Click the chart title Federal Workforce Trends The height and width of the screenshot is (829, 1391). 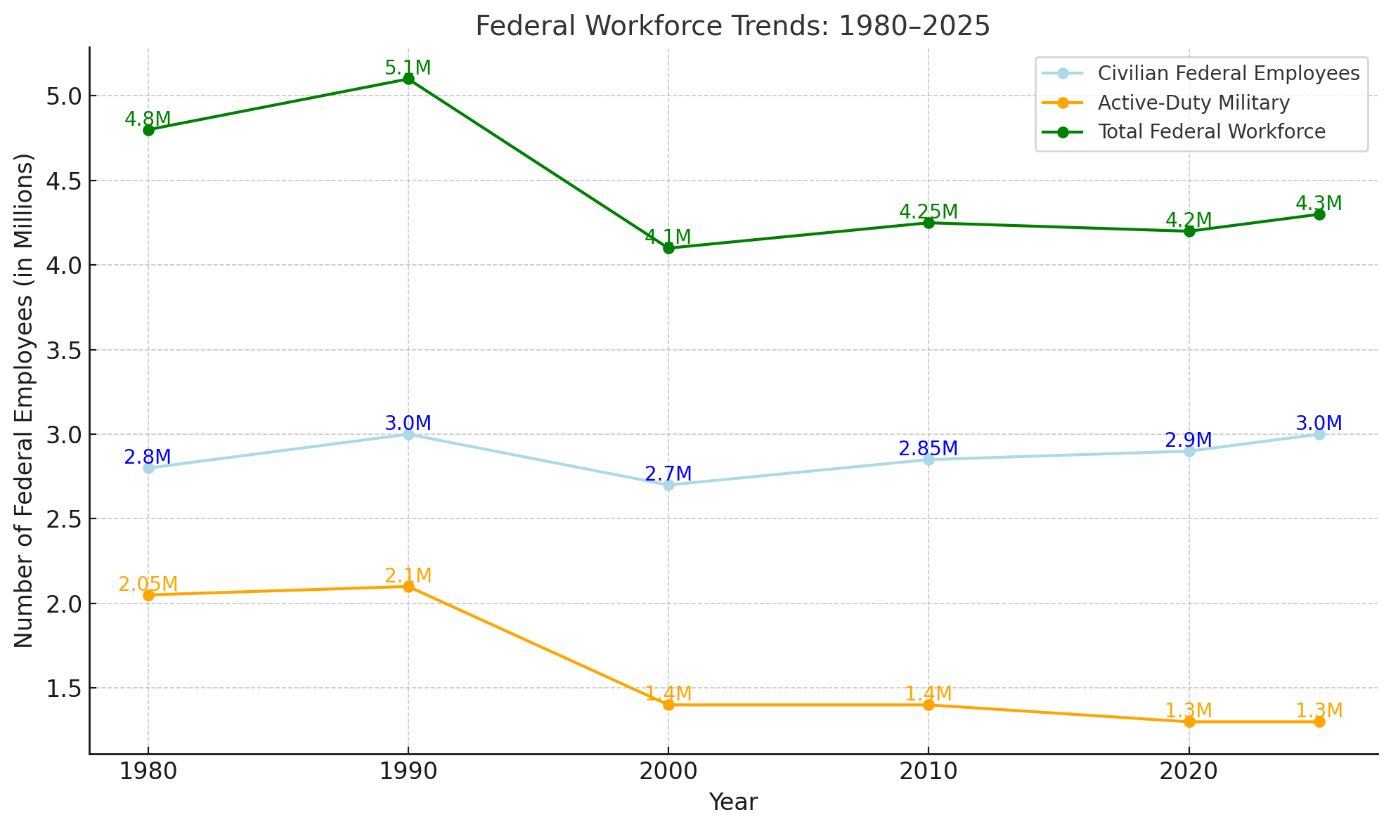732,27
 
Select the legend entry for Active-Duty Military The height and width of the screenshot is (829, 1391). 1193,103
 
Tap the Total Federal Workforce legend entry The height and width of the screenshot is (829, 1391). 1211,131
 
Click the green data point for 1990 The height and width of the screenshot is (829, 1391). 408,79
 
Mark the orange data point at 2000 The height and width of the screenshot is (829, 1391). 668,705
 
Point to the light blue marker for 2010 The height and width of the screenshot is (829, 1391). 929,459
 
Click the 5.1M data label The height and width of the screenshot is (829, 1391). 408,68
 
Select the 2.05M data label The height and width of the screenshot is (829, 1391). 148,585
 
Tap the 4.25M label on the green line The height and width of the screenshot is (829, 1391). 928,211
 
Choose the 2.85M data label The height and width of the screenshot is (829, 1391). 928,448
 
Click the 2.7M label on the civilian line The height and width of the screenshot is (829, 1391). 668,474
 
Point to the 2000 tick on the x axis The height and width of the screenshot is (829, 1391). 668,772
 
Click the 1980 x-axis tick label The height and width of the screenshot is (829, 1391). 148,772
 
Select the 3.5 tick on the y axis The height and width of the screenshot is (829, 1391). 63,350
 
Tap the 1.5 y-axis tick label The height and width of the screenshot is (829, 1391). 63,688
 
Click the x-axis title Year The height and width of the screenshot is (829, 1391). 732,802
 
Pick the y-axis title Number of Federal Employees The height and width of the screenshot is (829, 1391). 24,400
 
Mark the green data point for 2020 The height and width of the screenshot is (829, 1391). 1189,231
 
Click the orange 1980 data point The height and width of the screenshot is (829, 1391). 148,595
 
